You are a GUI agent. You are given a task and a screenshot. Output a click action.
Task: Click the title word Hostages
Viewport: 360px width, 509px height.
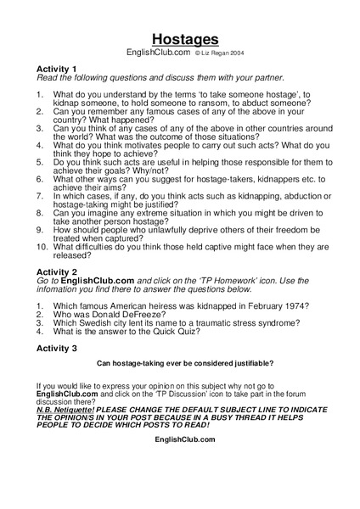pyautogui.click(x=185, y=38)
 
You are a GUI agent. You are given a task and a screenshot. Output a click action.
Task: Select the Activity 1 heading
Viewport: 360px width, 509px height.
pyautogui.click(x=57, y=68)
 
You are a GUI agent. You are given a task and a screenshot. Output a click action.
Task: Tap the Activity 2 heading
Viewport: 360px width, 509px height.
pyautogui.click(x=57, y=273)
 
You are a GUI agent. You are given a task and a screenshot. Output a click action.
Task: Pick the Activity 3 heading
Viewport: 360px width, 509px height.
pyautogui.click(x=57, y=348)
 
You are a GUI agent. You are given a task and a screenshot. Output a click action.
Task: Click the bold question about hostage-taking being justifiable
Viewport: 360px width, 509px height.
pyautogui.click(x=185, y=363)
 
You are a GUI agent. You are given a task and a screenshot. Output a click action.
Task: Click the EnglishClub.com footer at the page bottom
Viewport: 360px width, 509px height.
pyautogui.click(x=185, y=439)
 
